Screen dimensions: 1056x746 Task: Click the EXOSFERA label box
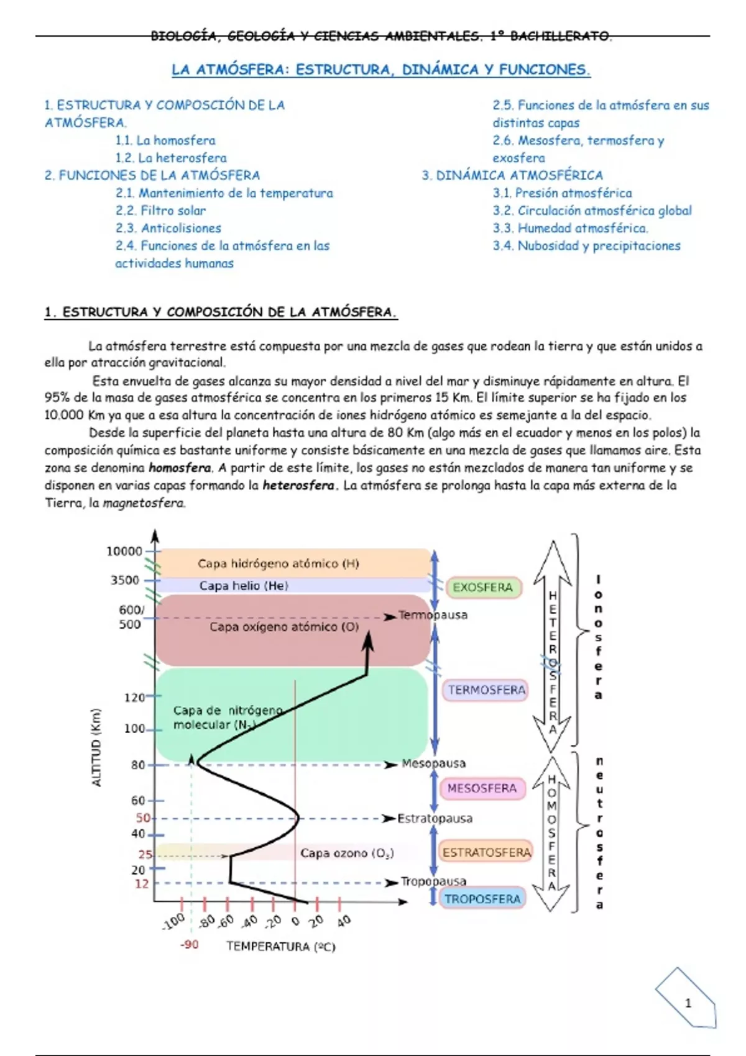(483, 588)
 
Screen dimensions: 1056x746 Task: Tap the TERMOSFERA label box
(487, 690)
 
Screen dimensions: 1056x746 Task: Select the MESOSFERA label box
(482, 788)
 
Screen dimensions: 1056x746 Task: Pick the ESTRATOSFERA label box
(487, 852)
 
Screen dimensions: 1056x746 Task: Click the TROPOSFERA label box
(482, 899)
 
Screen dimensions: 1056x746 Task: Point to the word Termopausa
(433, 615)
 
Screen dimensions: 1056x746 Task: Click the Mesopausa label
(433, 763)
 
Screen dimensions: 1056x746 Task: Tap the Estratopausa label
(435, 819)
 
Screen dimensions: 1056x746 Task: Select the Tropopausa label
(433, 881)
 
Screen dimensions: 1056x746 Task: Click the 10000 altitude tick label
(124, 552)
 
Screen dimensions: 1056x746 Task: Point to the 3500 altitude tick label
(125, 580)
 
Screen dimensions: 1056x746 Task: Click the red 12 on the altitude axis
(142, 884)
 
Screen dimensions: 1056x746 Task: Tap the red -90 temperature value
(190, 945)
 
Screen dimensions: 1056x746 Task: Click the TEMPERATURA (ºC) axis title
(280, 947)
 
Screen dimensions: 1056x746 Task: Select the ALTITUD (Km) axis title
(96, 747)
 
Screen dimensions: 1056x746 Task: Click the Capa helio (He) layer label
(244, 586)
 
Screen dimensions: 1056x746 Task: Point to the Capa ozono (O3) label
(347, 853)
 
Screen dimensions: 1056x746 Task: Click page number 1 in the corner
(688, 1003)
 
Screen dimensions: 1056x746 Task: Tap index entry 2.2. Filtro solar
(160, 211)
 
